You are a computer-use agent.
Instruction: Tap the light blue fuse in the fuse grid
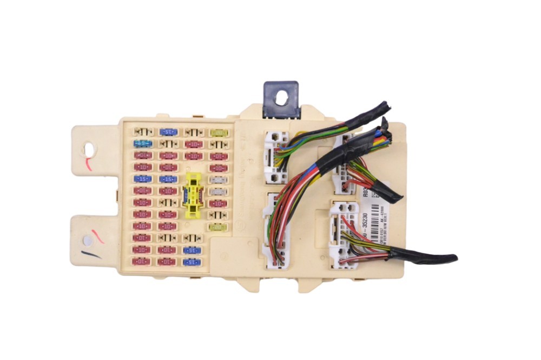[x=143, y=144]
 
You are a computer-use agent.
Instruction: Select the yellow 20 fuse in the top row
[x=218, y=132]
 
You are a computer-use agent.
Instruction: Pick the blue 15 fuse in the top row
[x=168, y=132]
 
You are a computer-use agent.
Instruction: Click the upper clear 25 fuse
[x=218, y=179]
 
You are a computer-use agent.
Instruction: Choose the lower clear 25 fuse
[x=218, y=191]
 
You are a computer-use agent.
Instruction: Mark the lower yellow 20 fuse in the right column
[x=218, y=227]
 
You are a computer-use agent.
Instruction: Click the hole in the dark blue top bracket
[x=281, y=97]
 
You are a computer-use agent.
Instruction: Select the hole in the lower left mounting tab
[x=87, y=241]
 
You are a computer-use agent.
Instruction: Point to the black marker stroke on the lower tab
[x=91, y=254]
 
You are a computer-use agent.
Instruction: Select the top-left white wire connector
[x=275, y=157]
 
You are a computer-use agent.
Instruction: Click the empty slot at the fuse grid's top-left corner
[x=143, y=132]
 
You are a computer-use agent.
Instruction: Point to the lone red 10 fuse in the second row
[x=193, y=144]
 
